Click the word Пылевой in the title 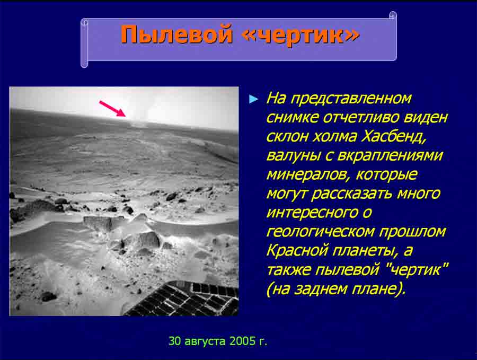click(x=176, y=34)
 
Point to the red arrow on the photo click(x=112, y=109)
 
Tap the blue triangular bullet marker click(x=253, y=99)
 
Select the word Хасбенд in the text click(x=393, y=136)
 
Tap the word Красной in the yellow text click(x=297, y=250)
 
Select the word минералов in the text click(x=308, y=174)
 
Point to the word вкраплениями click(x=390, y=155)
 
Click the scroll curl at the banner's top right click(x=393, y=15)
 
